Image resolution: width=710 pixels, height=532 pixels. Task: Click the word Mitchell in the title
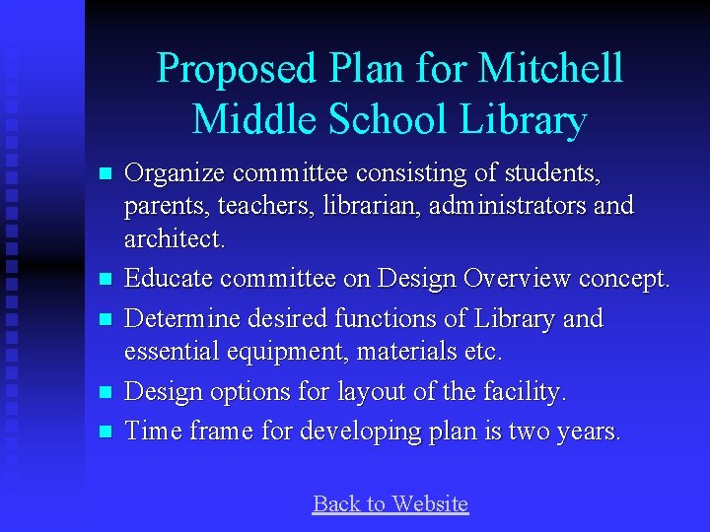[550, 69]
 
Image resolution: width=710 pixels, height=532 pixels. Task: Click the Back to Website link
[390, 504]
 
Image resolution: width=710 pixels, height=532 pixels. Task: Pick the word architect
[174, 239]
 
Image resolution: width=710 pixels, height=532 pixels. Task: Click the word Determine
[183, 319]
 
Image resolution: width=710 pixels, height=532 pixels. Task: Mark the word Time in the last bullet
[149, 432]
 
